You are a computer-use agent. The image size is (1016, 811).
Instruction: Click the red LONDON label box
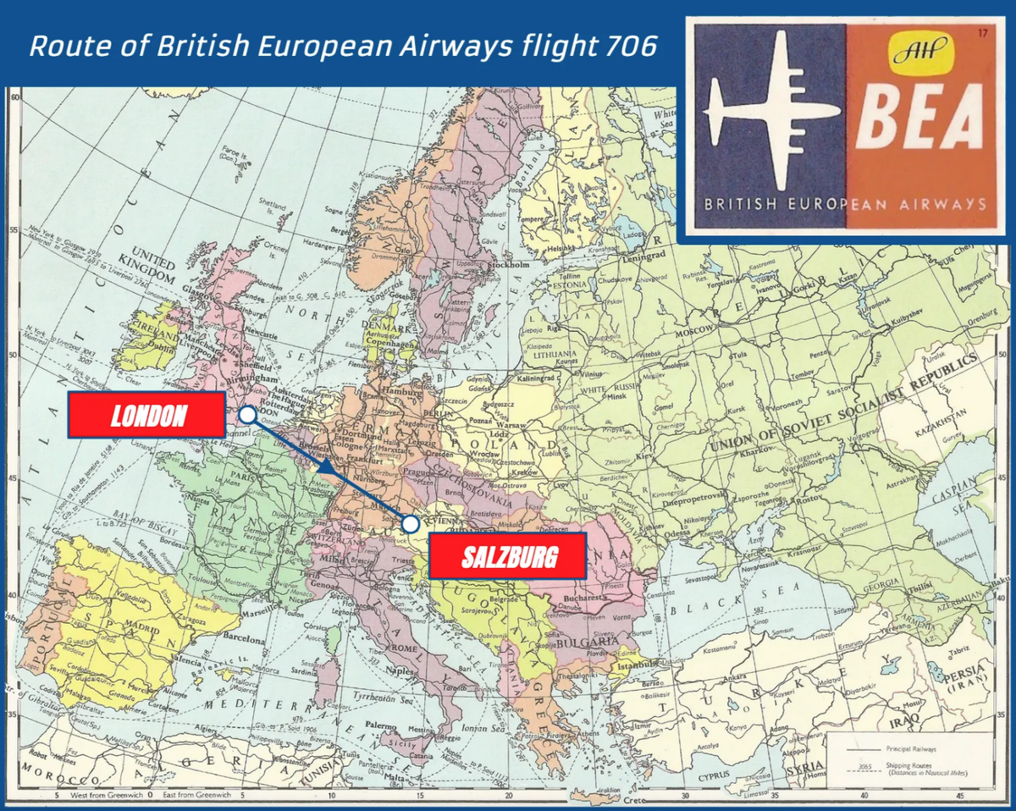click(146, 415)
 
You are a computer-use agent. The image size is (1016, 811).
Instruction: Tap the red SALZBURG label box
click(508, 556)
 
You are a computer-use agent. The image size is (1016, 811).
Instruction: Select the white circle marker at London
click(247, 415)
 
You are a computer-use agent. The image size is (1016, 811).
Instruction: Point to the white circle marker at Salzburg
click(411, 524)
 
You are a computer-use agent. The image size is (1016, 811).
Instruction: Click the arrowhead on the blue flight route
click(324, 466)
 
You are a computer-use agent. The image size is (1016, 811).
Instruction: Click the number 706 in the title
click(631, 46)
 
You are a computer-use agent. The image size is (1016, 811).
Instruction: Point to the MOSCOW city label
click(696, 334)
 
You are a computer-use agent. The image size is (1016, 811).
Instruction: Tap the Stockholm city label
click(508, 263)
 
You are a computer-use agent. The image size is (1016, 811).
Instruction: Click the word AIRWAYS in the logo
click(942, 204)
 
